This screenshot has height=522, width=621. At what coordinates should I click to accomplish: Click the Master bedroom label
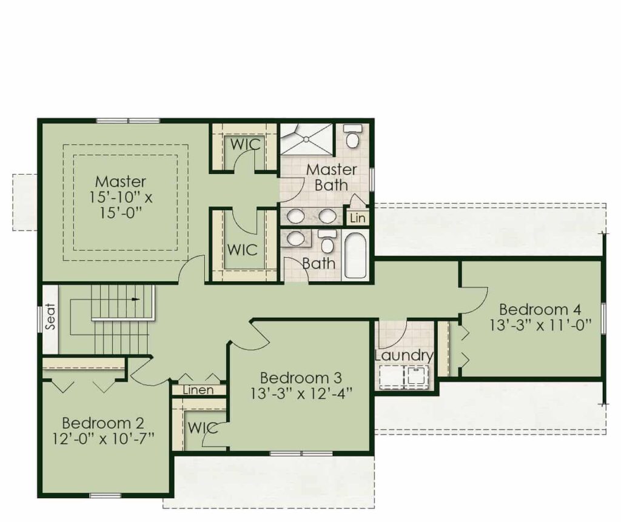[121, 182]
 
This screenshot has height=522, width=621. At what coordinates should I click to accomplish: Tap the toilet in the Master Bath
[352, 136]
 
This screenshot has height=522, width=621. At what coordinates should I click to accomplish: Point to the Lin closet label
[358, 218]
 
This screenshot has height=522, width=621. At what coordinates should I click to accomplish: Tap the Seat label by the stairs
[50, 316]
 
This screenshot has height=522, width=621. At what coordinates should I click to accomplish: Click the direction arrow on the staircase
[136, 299]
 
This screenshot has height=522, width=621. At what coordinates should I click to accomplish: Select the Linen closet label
[198, 390]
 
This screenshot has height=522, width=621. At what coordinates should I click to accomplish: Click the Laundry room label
[404, 355]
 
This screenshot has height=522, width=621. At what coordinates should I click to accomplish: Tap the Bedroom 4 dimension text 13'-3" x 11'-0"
[540, 325]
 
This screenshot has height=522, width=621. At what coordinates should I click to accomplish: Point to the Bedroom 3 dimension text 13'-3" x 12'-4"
[301, 393]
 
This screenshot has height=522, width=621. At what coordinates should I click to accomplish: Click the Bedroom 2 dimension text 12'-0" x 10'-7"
[103, 439]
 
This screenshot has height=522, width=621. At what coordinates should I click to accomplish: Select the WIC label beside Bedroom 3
[203, 428]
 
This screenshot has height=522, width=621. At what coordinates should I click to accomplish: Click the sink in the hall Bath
[295, 239]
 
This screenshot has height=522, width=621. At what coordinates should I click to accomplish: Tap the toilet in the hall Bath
[327, 241]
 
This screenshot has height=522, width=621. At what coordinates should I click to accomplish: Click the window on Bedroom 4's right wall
[603, 318]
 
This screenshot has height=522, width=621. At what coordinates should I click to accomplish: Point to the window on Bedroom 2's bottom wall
[106, 495]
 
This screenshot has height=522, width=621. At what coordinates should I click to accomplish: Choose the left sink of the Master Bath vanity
[295, 216]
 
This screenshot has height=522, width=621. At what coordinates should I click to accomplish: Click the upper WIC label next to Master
[246, 144]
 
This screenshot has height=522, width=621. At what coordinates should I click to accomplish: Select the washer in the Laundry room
[416, 375]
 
